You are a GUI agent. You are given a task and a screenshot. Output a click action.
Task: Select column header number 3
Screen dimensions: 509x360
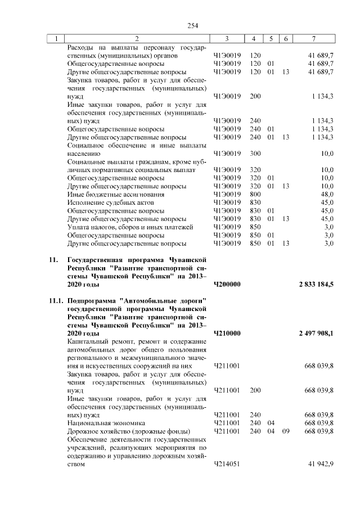[x=226, y=38]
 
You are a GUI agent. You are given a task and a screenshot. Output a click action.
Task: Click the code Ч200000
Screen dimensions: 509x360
[x=227, y=285]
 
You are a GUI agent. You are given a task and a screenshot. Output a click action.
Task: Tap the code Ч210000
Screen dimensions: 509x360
[x=227, y=334]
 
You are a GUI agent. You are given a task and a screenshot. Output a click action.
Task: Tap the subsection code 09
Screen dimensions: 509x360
[x=286, y=431]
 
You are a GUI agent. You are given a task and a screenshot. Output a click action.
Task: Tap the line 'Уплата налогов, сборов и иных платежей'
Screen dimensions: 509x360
[x=130, y=227]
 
